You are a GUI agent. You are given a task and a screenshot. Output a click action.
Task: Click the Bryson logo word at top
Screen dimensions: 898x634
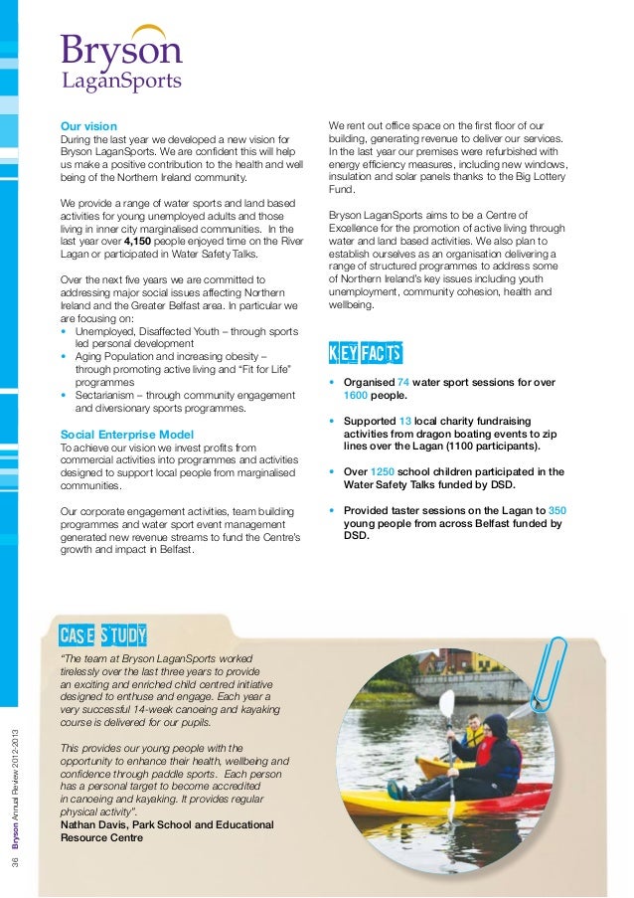(120, 50)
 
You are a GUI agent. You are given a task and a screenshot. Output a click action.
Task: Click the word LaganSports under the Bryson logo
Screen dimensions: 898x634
(122, 82)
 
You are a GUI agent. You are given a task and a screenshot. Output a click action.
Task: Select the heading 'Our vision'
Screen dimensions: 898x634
(88, 126)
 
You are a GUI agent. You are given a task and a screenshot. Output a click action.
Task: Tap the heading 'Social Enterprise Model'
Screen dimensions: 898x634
(126, 435)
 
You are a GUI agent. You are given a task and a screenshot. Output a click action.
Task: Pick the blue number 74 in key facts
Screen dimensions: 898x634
(403, 382)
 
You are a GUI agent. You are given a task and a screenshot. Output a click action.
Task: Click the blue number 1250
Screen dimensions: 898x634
(383, 471)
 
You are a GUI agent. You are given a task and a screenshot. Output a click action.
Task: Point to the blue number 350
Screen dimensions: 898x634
(556, 510)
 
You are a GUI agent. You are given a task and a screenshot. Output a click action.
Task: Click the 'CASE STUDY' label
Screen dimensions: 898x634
(102, 634)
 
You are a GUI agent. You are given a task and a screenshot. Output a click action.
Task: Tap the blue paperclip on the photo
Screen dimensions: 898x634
(549, 669)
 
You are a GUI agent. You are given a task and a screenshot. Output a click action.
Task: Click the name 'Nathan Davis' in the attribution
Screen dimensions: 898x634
(92, 824)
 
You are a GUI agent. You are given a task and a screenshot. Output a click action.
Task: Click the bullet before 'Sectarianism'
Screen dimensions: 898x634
(65, 395)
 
